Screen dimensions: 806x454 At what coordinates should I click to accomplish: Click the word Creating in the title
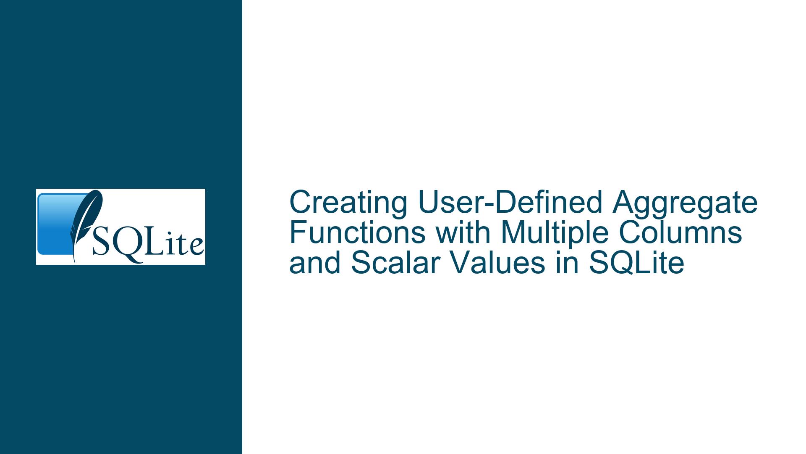click(x=348, y=203)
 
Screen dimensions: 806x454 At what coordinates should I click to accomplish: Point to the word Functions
click(x=358, y=233)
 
